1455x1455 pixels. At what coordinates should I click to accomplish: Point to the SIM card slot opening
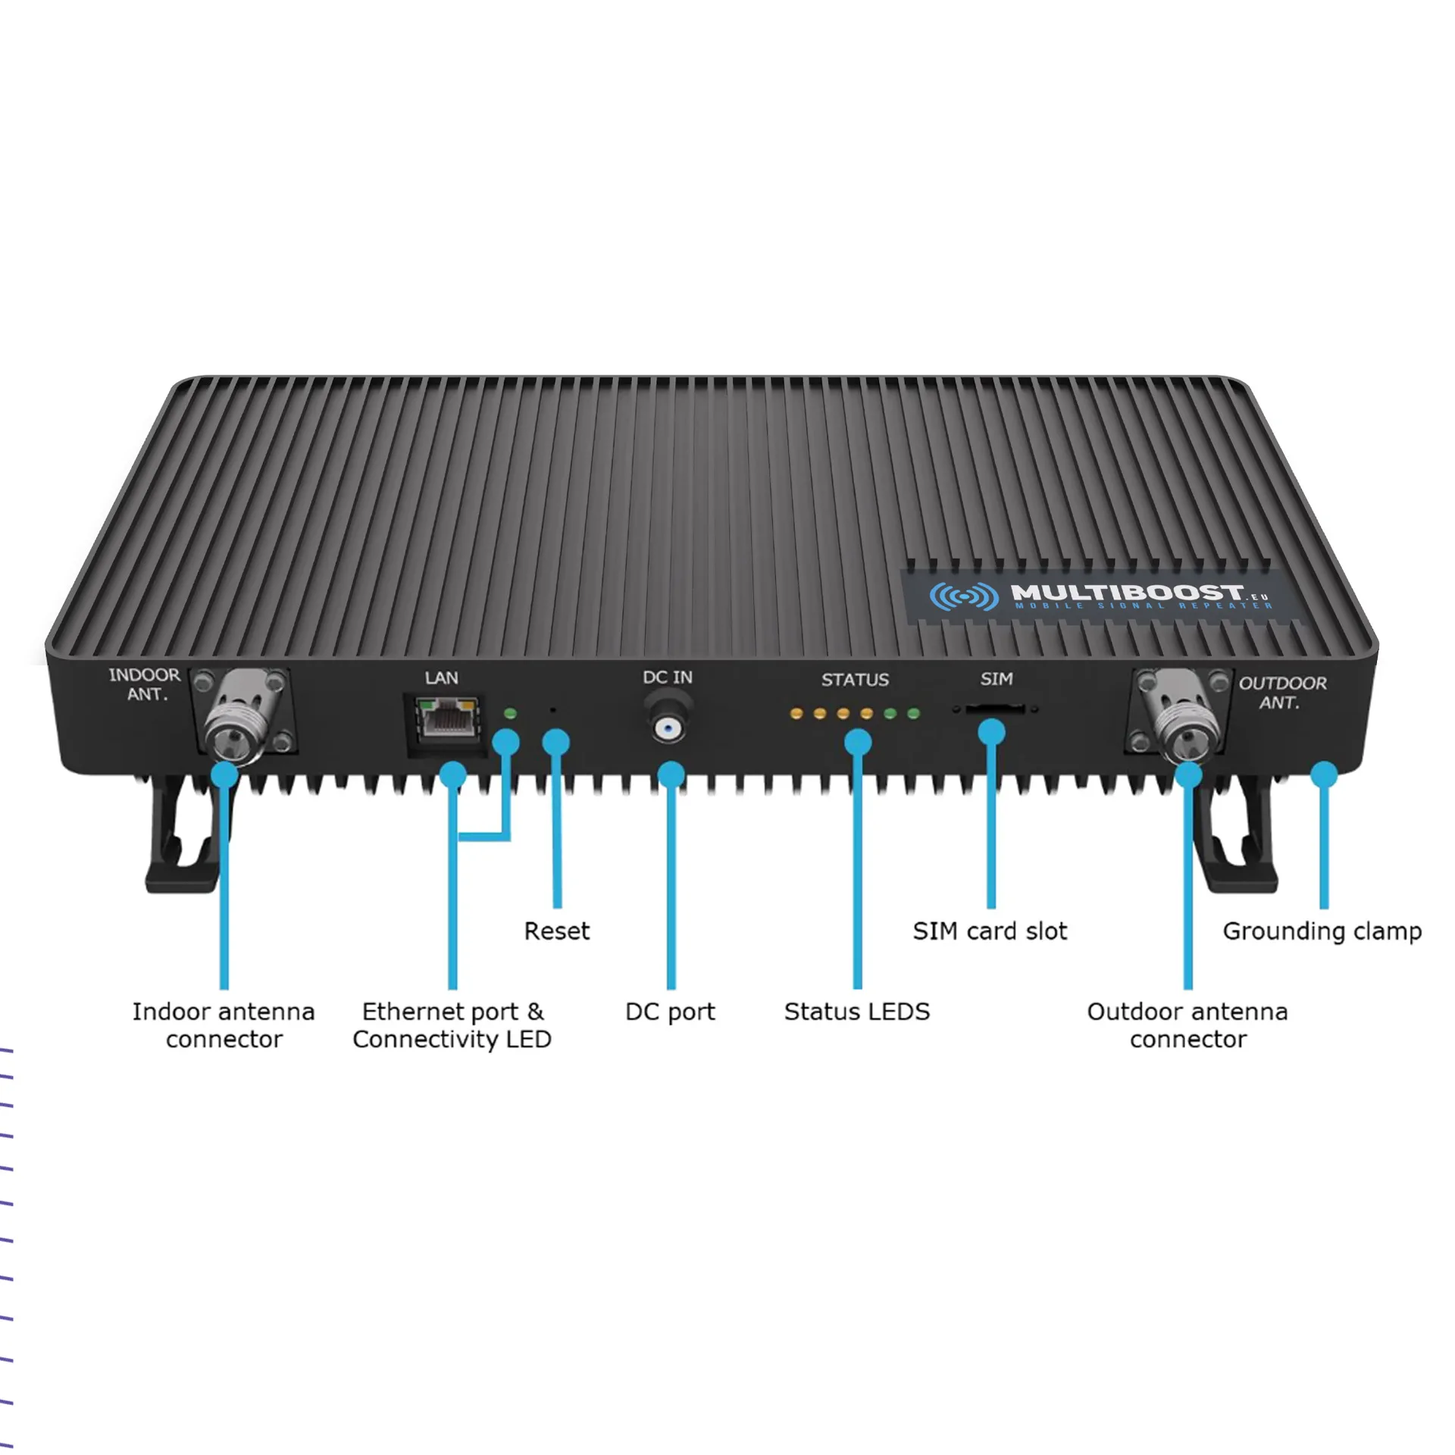[x=995, y=709]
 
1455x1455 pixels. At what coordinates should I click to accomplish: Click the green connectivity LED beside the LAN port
[x=510, y=713]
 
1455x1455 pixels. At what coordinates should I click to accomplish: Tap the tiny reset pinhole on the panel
[x=552, y=711]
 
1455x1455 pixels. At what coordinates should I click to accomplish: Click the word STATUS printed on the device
[x=855, y=679]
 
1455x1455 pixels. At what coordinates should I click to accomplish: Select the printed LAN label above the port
[x=441, y=677]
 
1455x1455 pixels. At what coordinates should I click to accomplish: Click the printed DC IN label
[x=668, y=677]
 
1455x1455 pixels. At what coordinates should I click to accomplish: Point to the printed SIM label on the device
[x=996, y=678]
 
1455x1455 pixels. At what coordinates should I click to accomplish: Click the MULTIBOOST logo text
[x=1128, y=592]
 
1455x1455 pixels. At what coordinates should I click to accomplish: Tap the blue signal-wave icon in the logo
[x=963, y=596]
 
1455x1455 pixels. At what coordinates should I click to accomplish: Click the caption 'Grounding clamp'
[x=1322, y=931]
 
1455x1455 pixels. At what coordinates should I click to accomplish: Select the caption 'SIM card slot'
[x=990, y=931]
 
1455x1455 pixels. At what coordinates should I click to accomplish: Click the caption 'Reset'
[x=556, y=931]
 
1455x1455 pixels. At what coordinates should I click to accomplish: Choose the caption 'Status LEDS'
[x=856, y=1012]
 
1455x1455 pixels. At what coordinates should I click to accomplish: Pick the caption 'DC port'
[x=670, y=1012]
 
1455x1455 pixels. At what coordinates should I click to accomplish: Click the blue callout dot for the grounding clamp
[x=1324, y=774]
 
